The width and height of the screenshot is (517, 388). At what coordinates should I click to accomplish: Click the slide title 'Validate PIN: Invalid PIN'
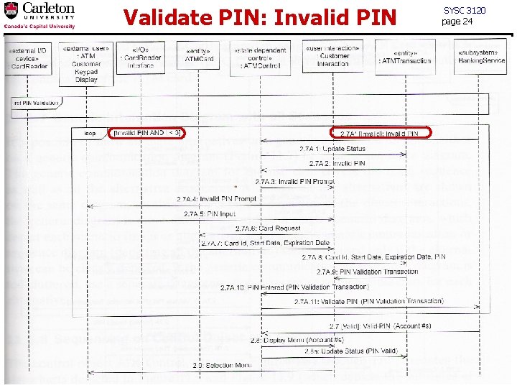[259, 17]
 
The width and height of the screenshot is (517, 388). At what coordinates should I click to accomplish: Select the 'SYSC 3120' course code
[465, 10]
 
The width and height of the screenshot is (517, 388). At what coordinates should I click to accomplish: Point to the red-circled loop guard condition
[147, 134]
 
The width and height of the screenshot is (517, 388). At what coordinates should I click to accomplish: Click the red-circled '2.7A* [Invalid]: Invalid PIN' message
[379, 134]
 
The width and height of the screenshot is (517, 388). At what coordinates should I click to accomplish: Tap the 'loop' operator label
[90, 134]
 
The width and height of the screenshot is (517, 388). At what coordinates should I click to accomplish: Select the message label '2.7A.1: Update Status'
[332, 149]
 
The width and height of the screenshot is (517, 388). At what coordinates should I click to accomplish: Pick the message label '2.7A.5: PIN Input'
[209, 213]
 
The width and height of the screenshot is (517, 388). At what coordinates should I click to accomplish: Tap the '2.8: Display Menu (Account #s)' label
[287, 340]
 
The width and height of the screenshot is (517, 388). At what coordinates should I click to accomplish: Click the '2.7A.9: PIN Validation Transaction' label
[367, 272]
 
